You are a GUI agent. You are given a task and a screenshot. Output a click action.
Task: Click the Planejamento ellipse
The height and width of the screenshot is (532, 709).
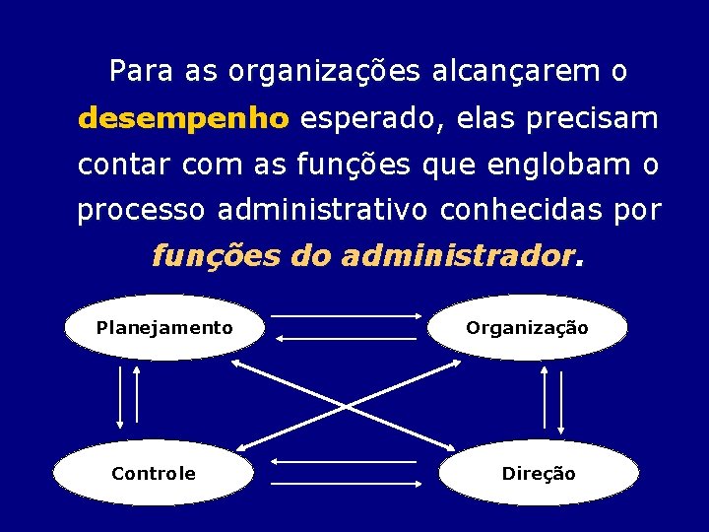(x=164, y=328)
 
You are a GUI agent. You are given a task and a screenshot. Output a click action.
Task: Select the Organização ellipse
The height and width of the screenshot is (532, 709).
(x=527, y=328)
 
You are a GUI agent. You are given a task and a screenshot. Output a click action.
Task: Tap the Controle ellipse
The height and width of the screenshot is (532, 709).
(x=153, y=474)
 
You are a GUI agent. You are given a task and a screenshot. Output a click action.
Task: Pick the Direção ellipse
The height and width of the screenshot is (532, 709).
(x=539, y=474)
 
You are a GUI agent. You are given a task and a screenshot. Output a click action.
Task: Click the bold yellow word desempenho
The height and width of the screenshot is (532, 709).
(x=183, y=119)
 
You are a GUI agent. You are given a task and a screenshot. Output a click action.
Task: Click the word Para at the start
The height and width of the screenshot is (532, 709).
(x=139, y=72)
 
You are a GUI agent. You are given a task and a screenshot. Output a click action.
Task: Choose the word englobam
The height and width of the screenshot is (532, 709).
(x=559, y=165)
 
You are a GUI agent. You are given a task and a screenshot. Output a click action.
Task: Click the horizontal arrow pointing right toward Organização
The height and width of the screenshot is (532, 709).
(x=346, y=316)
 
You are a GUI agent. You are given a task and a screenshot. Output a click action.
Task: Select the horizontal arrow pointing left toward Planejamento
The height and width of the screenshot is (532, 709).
(x=346, y=339)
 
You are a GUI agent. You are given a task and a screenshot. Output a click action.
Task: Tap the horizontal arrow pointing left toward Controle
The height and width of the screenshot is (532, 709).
(x=344, y=461)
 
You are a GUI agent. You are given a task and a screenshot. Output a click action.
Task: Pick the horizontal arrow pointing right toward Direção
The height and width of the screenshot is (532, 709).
(x=346, y=484)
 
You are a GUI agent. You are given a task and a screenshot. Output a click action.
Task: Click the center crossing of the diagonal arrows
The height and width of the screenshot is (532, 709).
(x=347, y=404)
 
